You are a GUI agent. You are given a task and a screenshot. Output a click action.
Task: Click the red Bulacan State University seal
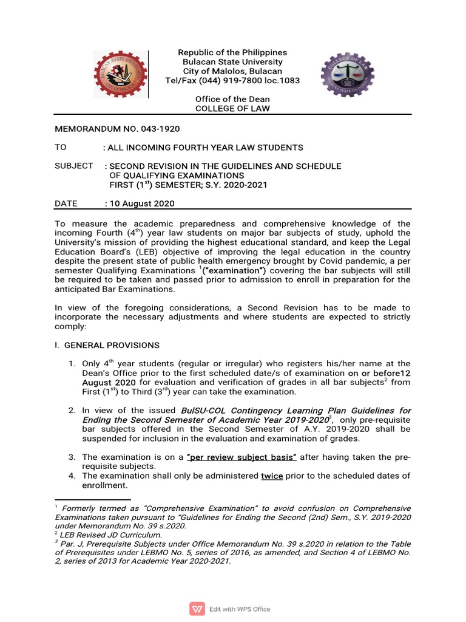coord(121,75)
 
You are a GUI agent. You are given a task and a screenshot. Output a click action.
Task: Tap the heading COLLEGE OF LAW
coord(232,109)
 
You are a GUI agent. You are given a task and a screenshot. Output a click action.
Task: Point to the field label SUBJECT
coord(74,166)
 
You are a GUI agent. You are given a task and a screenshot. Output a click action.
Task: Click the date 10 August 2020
coord(141,203)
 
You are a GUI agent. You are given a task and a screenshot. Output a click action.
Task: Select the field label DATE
coord(66,203)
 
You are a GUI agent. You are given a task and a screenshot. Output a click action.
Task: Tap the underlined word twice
coord(272,476)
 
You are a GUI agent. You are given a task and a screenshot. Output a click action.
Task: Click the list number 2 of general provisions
coord(71,411)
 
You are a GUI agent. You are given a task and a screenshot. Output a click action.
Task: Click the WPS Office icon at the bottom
coord(197,609)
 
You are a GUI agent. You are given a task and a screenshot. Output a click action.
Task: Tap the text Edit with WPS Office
coord(240,609)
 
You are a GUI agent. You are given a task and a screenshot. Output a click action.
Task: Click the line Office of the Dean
coord(232,99)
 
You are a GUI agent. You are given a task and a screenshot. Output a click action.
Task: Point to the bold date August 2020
coord(109,383)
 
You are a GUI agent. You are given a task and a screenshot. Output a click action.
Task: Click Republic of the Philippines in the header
coord(232,53)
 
